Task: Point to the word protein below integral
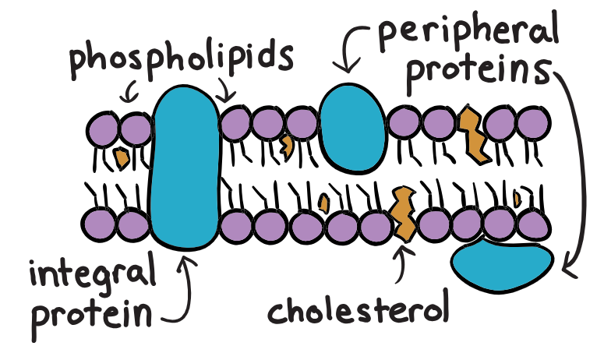90,314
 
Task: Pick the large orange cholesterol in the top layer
472,133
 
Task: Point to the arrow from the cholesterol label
402,264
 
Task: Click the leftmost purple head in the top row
101,126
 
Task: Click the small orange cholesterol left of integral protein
121,157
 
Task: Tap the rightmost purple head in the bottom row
534,225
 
